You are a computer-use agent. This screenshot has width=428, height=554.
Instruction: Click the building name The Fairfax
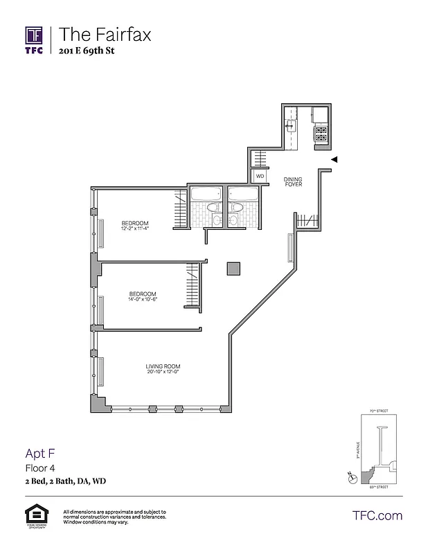coord(105,34)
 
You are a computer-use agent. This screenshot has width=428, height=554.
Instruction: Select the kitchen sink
coord(292,127)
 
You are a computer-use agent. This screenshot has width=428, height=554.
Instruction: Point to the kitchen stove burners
coord(321,133)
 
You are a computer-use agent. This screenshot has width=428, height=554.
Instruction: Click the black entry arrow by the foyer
coord(334,159)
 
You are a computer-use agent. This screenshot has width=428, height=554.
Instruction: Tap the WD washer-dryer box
coord(260,177)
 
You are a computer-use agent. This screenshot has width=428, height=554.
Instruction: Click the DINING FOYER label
coord(293,181)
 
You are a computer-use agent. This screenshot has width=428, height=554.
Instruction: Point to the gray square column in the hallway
coord(233,269)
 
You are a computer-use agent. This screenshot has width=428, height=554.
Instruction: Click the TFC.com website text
coord(377,515)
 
